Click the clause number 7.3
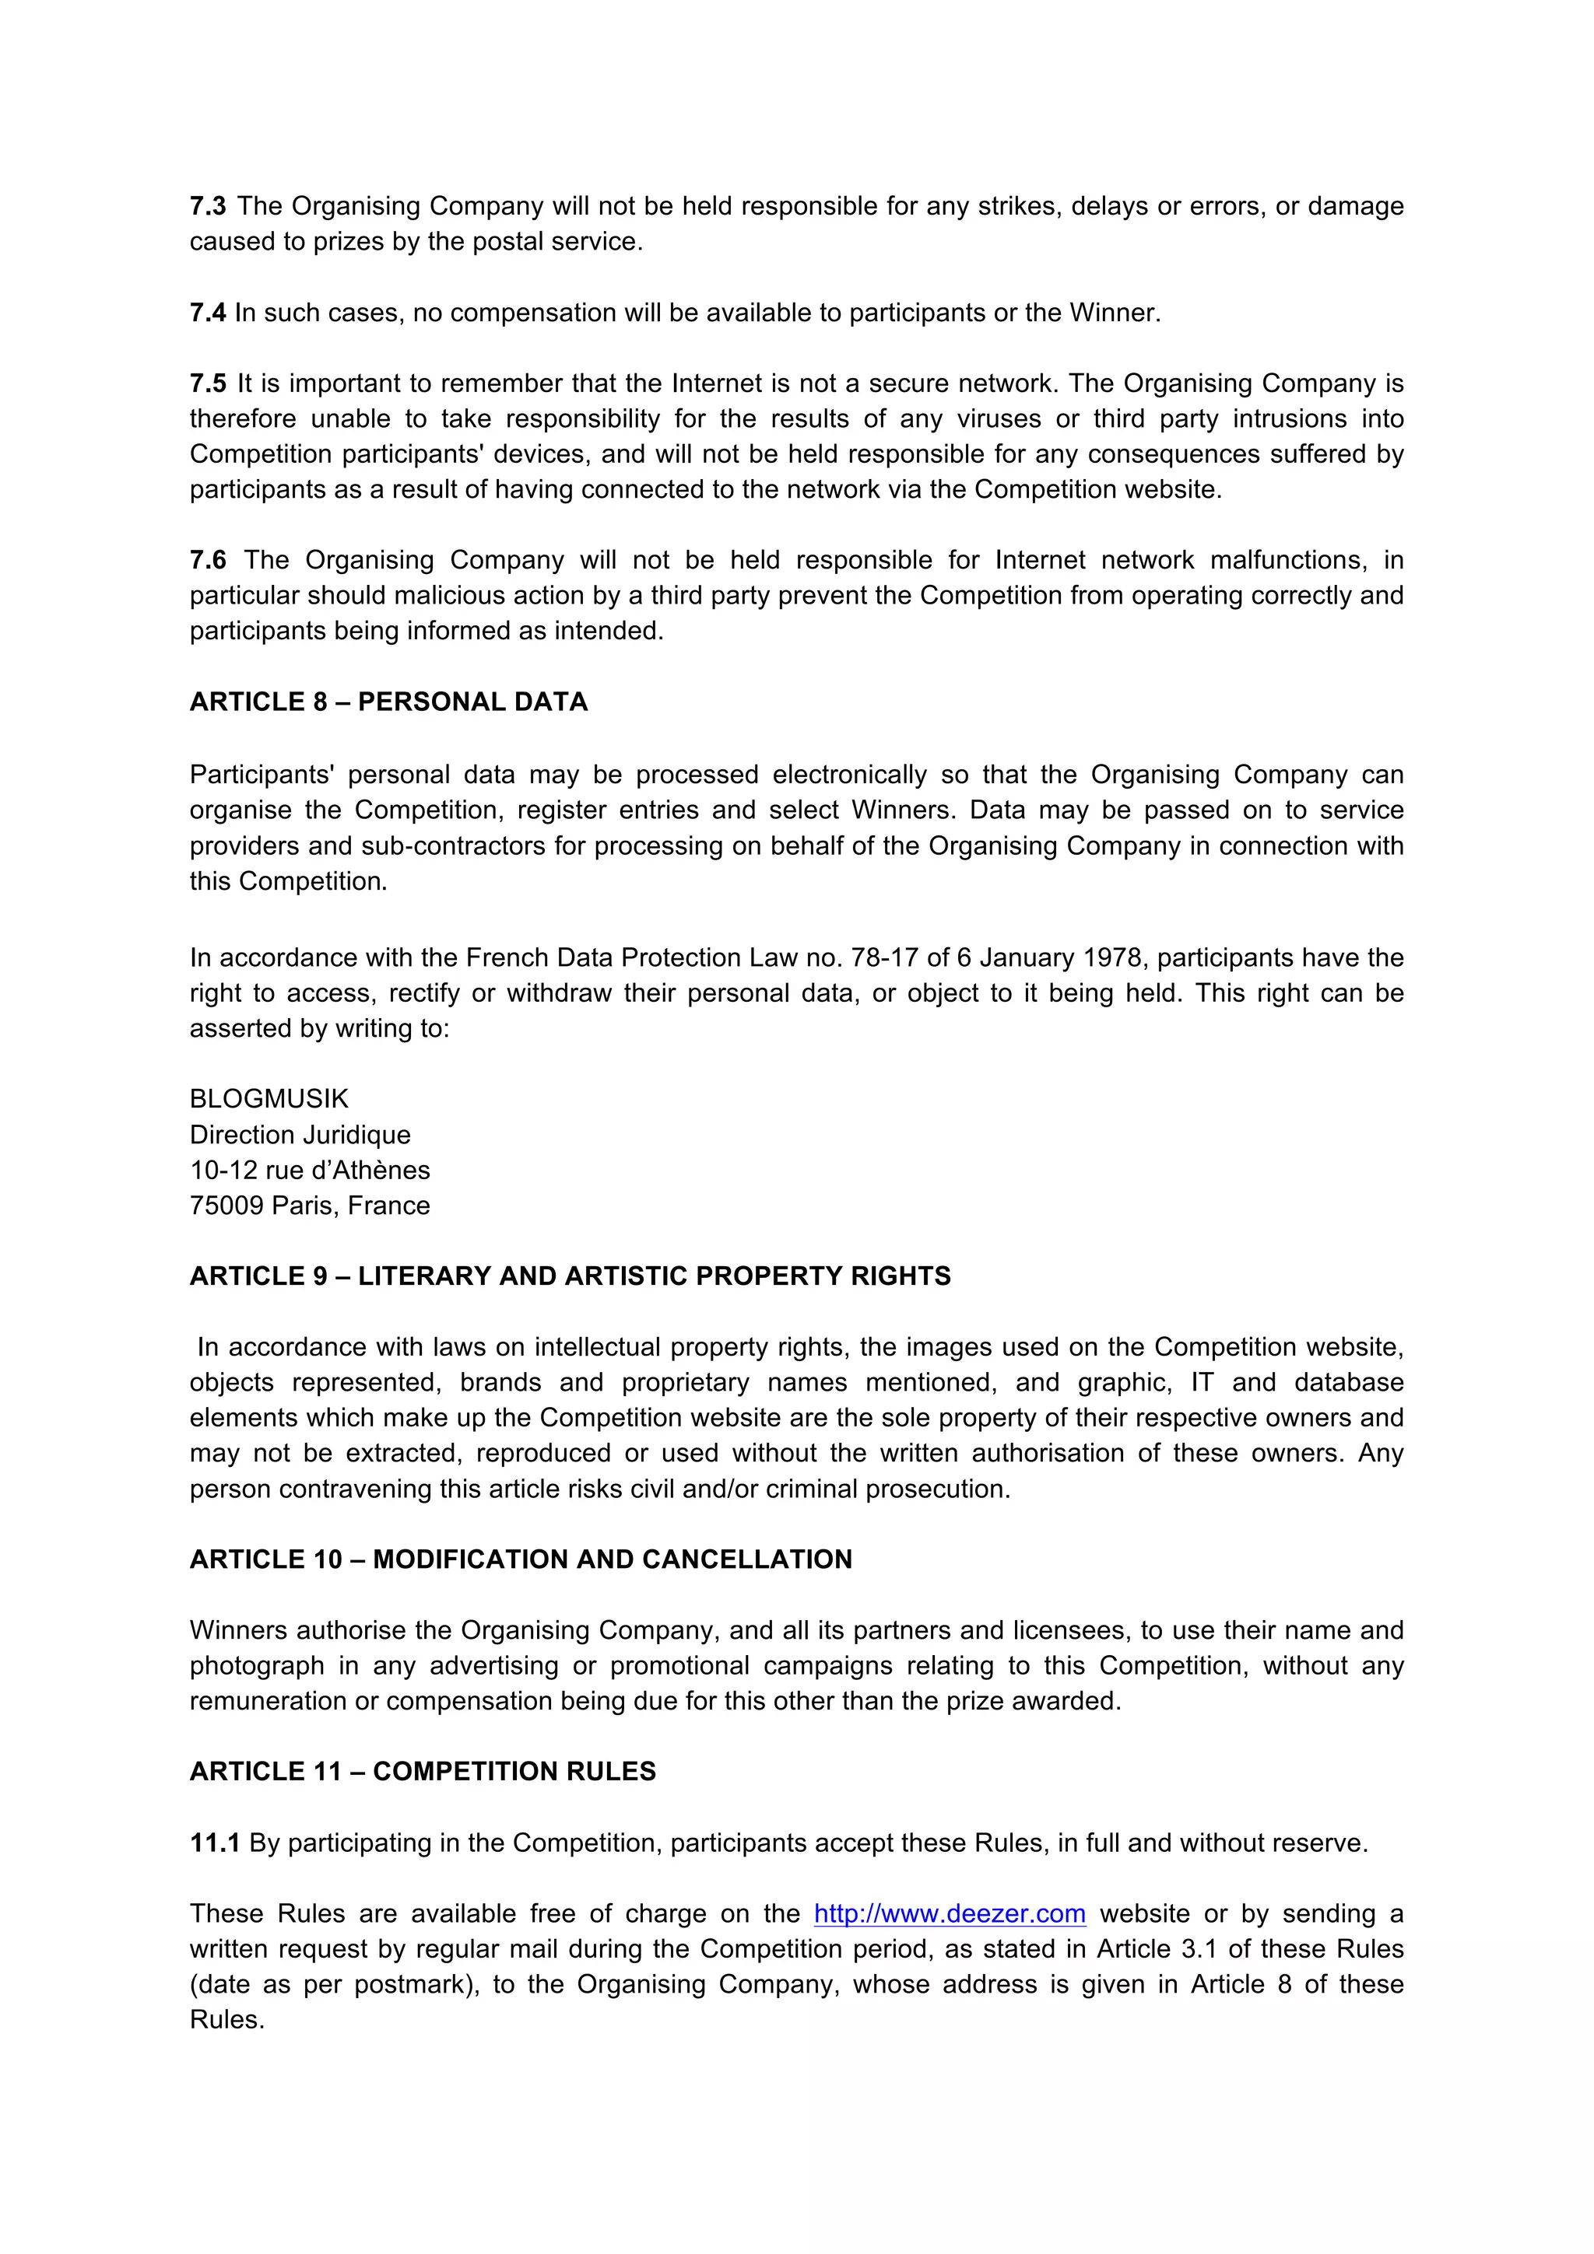pos(207,206)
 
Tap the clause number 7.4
pos(207,313)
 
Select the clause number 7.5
pos(207,384)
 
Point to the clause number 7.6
pos(207,561)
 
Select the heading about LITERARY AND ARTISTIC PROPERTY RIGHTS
pos(570,1276)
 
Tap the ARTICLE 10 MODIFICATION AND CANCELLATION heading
pos(521,1560)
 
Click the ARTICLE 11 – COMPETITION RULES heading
pos(423,1772)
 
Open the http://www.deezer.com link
pos(950,1914)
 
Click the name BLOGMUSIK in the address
pos(269,1100)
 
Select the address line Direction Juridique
pos(300,1135)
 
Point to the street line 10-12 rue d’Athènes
pos(309,1171)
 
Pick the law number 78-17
pos(885,958)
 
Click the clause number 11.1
pos(214,1843)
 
